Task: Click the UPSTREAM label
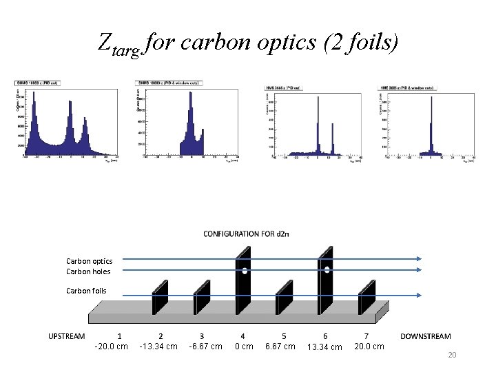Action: [x=67, y=336]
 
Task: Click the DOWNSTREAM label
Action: [x=425, y=336]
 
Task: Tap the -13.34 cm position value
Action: [x=158, y=346]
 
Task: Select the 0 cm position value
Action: [x=244, y=346]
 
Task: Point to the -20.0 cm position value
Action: [x=111, y=346]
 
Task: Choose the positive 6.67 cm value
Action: [x=280, y=346]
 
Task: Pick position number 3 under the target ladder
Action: [x=201, y=335]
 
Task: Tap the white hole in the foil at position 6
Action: [x=327, y=269]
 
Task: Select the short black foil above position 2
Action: [x=161, y=296]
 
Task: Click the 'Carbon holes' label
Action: [x=88, y=271]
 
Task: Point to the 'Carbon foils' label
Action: [x=86, y=291]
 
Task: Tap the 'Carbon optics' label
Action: [x=89, y=261]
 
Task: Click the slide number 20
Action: [x=453, y=355]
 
